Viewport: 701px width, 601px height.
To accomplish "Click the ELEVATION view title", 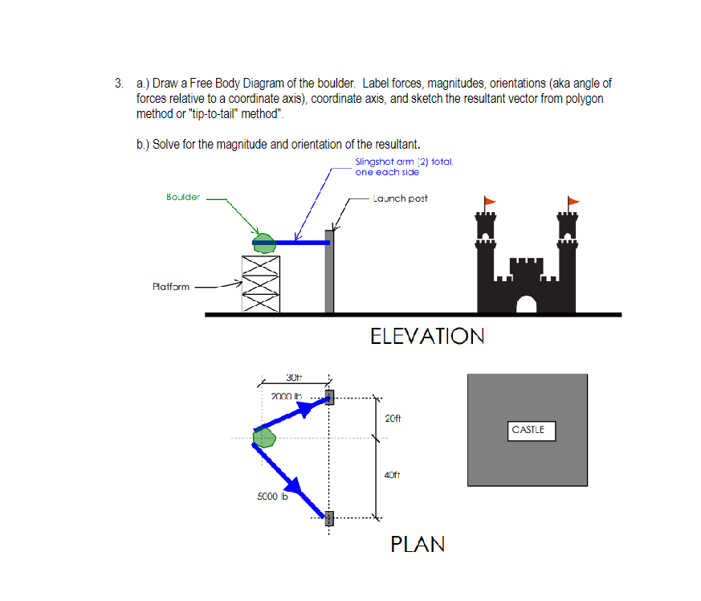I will click(x=427, y=336).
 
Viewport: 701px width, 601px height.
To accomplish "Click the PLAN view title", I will click(x=417, y=544).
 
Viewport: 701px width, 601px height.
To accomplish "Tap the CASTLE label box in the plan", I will click(x=528, y=431).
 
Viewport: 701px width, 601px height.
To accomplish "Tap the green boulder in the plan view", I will click(x=264, y=437).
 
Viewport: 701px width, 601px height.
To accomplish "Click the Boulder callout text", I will click(x=182, y=198).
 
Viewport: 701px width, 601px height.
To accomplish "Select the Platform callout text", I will click(x=171, y=287).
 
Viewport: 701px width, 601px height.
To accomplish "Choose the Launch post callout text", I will click(x=400, y=198).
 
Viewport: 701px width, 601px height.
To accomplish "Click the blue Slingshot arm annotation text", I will click(x=404, y=167).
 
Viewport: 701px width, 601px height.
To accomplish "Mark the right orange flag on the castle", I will click(x=573, y=201).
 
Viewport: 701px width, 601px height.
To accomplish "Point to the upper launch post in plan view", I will click(x=328, y=398).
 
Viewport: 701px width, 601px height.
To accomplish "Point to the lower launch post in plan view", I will click(x=328, y=517).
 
